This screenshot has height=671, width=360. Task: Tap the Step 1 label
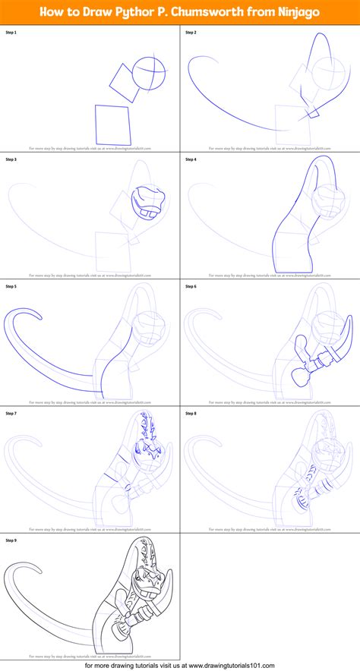coord(11,33)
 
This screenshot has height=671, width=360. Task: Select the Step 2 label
coord(190,33)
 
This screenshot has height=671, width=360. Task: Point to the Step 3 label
coord(11,159)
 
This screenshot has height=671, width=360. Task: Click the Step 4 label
coord(190,159)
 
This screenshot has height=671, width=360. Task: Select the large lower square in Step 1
coord(112,123)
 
